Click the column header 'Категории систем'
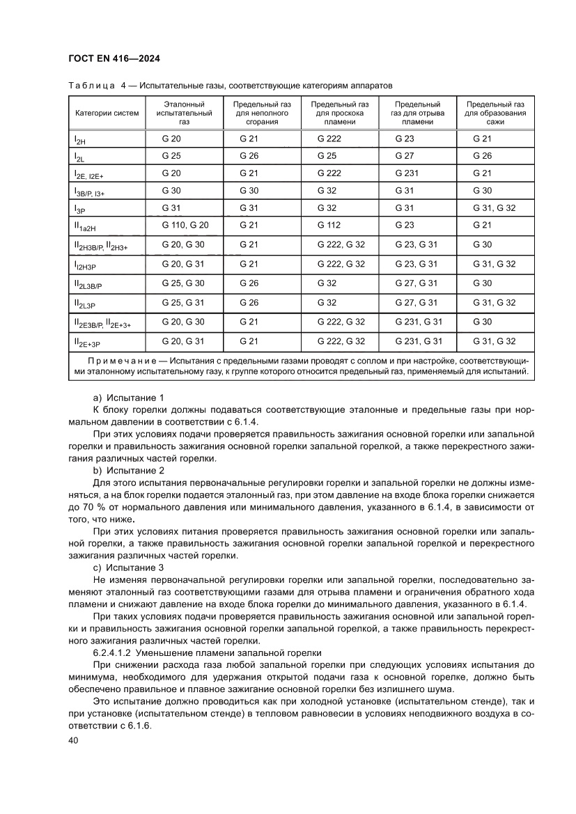click(107, 113)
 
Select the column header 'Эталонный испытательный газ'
click(184, 113)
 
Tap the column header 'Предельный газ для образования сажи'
click(495, 113)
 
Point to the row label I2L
click(79, 157)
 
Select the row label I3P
click(80, 209)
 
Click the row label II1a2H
click(86, 226)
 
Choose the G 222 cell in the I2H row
click(329, 139)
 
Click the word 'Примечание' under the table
click(119, 361)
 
